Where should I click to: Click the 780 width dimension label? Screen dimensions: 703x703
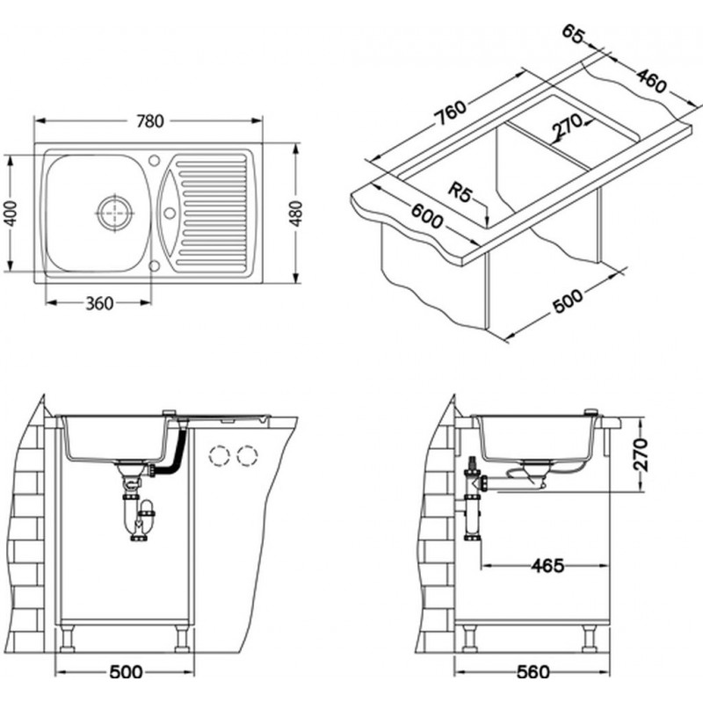pyautogui.click(x=149, y=120)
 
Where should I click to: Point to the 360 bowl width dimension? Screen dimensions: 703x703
pyautogui.click(x=98, y=303)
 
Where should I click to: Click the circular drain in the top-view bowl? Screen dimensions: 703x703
pyautogui.click(x=114, y=212)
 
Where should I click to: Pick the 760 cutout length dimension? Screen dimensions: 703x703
pyautogui.click(x=448, y=112)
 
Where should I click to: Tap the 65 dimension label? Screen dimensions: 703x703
pyautogui.click(x=572, y=35)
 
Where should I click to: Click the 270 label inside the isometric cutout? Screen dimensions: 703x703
pyautogui.click(x=568, y=129)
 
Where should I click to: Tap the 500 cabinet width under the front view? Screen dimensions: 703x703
pyautogui.click(x=125, y=672)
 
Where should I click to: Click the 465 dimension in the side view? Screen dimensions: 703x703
pyautogui.click(x=547, y=565)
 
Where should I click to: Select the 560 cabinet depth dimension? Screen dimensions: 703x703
pyautogui.click(x=531, y=672)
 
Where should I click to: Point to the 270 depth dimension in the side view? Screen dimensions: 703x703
pyautogui.click(x=642, y=454)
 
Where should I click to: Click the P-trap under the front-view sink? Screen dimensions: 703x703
pyautogui.click(x=139, y=518)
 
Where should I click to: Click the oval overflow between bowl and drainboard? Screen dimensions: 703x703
pyautogui.click(x=170, y=212)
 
